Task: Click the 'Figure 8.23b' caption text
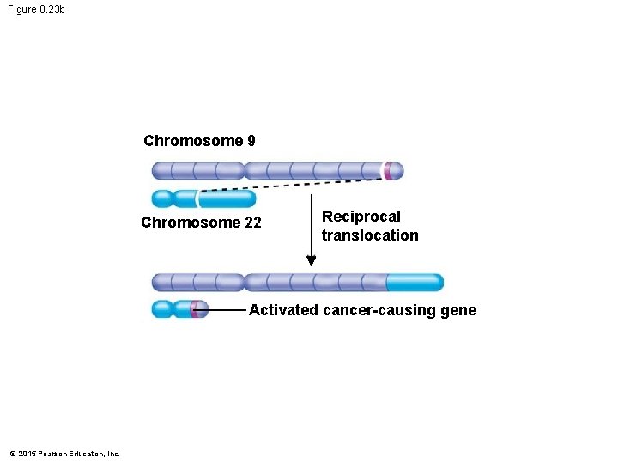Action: click(x=35, y=9)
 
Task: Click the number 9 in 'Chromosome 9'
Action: click(x=250, y=141)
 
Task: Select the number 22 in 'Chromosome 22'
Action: click(x=252, y=223)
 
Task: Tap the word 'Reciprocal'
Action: click(x=360, y=217)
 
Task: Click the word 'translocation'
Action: click(x=370, y=235)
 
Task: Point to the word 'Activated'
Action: click(x=283, y=310)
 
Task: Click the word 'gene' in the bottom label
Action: click(x=458, y=310)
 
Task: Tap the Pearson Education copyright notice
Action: click(x=64, y=454)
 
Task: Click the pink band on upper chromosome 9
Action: click(x=389, y=171)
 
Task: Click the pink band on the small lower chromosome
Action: click(x=197, y=309)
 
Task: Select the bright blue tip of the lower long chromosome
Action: click(x=415, y=283)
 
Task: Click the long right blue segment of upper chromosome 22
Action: click(x=227, y=199)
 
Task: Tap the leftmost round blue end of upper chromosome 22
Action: click(x=161, y=199)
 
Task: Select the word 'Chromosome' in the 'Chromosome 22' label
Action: click(x=191, y=223)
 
